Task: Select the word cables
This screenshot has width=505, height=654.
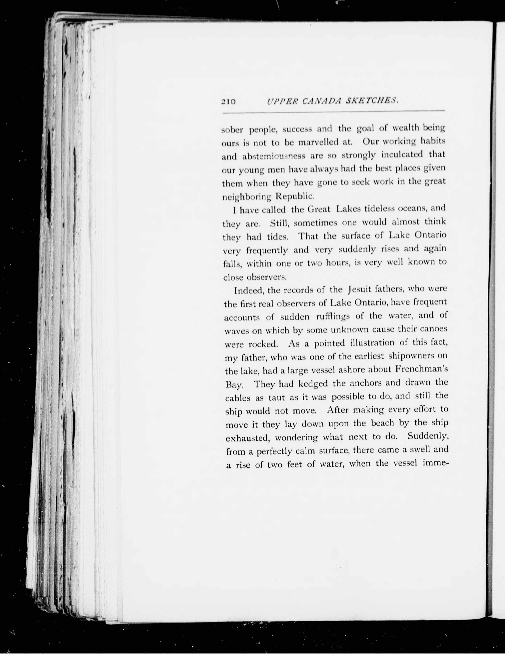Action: pos(237,398)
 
